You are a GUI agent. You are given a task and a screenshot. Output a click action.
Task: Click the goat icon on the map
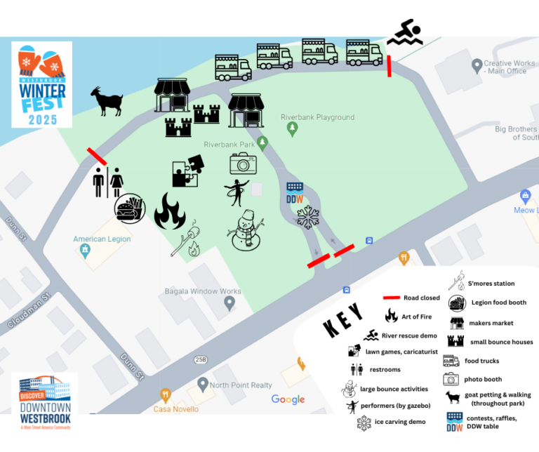click(x=107, y=101)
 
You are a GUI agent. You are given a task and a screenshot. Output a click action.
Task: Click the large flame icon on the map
click(x=169, y=211)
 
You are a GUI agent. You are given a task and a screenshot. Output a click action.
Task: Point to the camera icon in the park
click(x=243, y=164)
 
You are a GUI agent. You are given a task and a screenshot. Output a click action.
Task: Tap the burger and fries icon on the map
click(x=130, y=209)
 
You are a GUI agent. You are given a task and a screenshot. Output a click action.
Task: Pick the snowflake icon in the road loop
click(x=307, y=218)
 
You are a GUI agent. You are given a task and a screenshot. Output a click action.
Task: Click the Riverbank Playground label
click(x=317, y=117)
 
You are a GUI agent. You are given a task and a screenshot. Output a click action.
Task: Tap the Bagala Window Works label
click(x=203, y=291)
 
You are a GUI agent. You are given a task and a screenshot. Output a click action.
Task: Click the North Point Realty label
click(x=241, y=385)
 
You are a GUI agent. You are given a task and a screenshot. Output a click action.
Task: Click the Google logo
click(x=288, y=399)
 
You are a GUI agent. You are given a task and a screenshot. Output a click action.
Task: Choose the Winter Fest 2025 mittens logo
click(x=42, y=84)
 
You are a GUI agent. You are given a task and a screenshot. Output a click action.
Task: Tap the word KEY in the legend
click(x=344, y=320)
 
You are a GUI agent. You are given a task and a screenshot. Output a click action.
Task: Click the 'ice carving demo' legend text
click(x=400, y=423)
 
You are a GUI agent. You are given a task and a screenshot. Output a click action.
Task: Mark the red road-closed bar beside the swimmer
click(x=389, y=65)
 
